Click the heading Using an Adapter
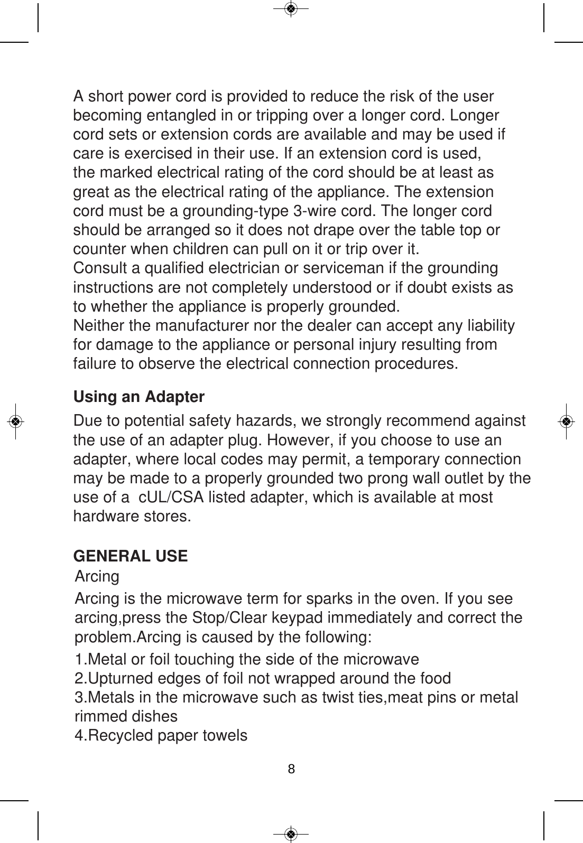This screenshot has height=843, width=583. coord(138,397)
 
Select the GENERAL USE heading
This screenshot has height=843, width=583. coord(130,556)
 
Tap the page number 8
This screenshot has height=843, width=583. coord(291,769)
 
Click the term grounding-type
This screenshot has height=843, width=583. coord(235,211)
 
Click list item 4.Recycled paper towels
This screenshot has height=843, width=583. coord(161,735)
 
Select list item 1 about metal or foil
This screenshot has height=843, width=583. coord(247,659)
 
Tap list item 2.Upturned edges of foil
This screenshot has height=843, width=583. coord(263,678)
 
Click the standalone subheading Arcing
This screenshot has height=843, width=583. coord(98,576)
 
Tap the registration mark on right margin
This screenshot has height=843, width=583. coord(566,421)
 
